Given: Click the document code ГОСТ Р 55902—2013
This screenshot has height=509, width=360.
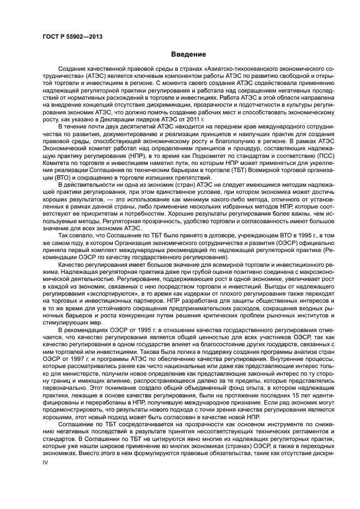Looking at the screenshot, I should tap(72, 36).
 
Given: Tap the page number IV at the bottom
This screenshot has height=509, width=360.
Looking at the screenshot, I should tap(46, 462).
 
